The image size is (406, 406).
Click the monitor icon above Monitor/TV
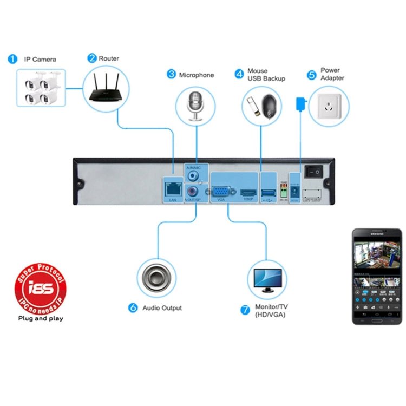click(x=267, y=278)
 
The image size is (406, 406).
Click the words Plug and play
click(x=41, y=318)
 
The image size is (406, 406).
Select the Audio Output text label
click(x=162, y=308)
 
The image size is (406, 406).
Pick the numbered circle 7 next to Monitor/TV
click(x=245, y=310)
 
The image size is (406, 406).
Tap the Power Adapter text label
click(x=332, y=74)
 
